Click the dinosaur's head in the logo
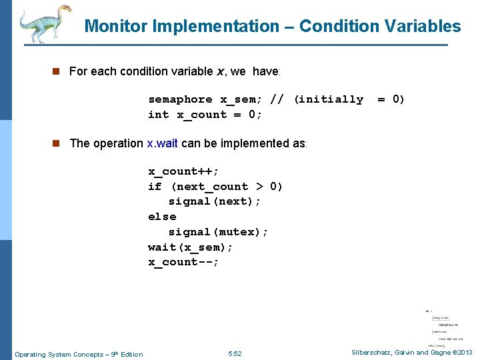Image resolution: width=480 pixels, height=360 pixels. [x=65, y=11]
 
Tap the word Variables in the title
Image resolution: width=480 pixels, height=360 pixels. [x=423, y=27]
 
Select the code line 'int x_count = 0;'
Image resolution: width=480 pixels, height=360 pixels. [x=205, y=115]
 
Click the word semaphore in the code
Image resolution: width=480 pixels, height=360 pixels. [x=180, y=99]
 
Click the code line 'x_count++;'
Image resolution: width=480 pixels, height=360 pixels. [x=183, y=171]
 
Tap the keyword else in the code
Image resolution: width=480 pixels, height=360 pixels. [x=162, y=217]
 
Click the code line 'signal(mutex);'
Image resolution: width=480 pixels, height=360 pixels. [x=218, y=232]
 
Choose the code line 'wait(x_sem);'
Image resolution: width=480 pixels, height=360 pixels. [x=190, y=247]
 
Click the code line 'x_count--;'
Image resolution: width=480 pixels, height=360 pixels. [x=183, y=262]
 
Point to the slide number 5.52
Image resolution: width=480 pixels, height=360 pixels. [x=235, y=354]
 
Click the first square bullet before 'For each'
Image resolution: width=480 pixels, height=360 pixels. [x=59, y=71]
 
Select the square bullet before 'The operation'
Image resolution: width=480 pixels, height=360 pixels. [x=59, y=143]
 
